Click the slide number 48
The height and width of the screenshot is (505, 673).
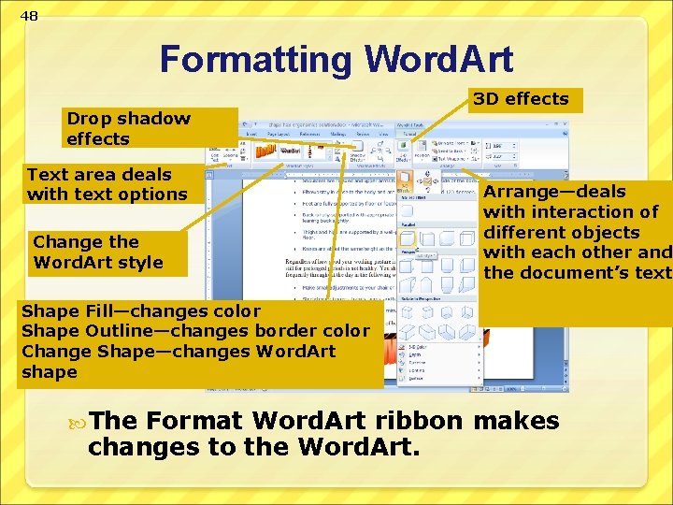29,16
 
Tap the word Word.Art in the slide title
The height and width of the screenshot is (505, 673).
438,59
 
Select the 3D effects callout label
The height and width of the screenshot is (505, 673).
522,99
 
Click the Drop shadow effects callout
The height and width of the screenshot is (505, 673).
128,129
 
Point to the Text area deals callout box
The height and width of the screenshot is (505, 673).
107,184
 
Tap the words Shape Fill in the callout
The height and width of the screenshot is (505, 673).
68,310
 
